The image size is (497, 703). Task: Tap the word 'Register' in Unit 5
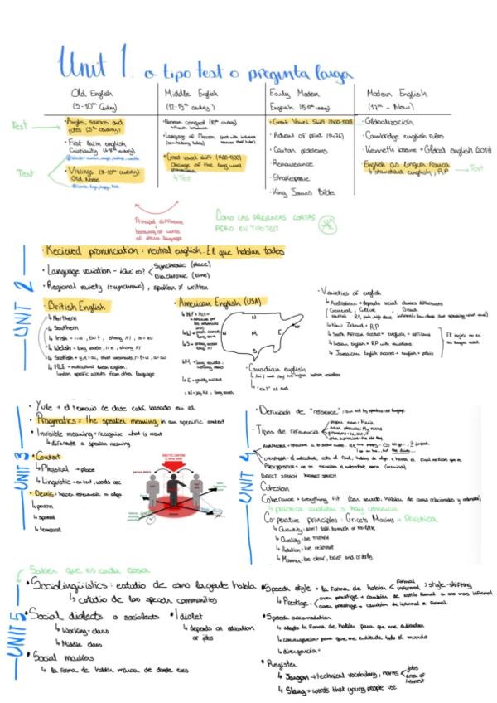coord(284,662)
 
